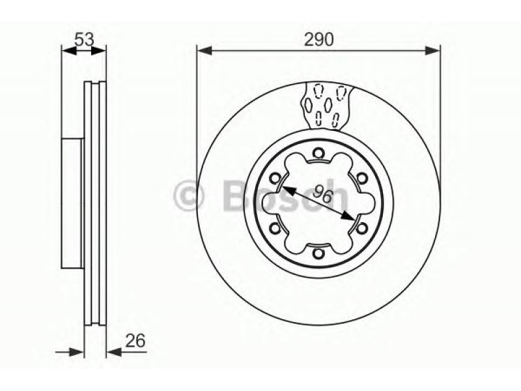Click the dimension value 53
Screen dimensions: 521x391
pos(85,40)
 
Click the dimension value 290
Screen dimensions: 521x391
pos(319,40)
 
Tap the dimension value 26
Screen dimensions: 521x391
pos(135,340)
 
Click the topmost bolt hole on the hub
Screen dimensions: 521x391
pos(318,153)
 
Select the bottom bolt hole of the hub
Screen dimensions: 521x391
pos(318,253)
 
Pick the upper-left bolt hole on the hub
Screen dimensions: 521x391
pos(275,179)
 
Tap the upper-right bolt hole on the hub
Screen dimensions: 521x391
pos(362,179)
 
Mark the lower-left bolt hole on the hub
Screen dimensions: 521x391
pos(275,228)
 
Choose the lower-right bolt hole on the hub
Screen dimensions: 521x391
pos(362,228)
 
